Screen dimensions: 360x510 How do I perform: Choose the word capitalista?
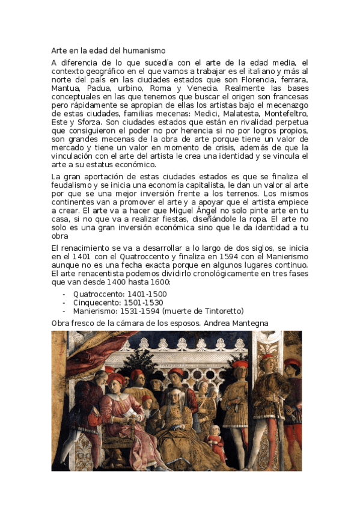click(x=209, y=185)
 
